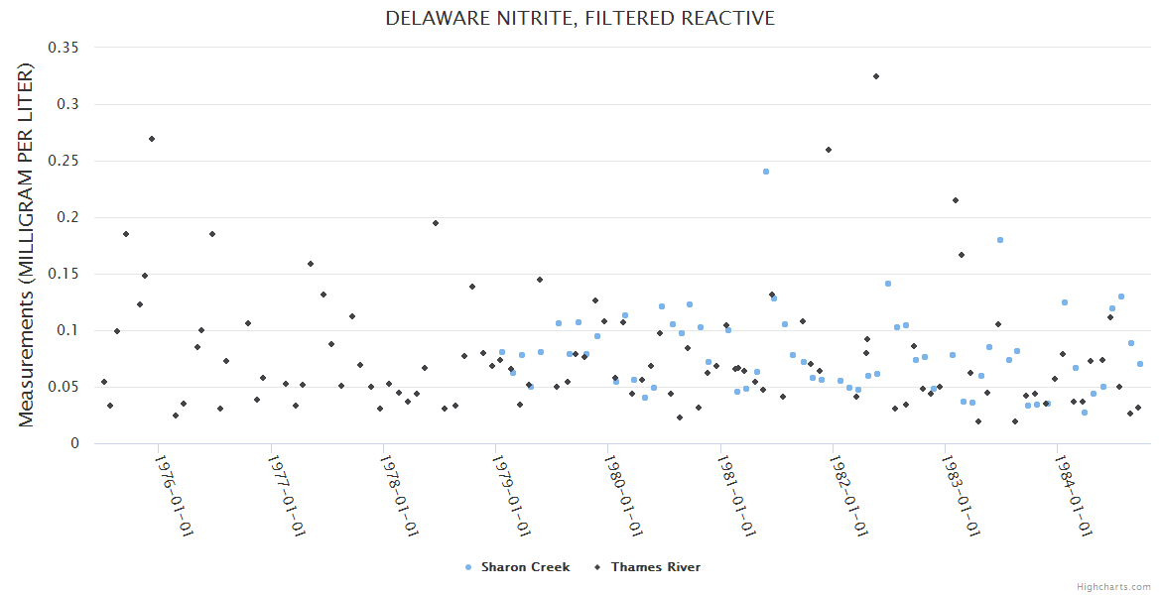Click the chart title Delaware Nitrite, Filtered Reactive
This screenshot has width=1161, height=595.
[580, 19]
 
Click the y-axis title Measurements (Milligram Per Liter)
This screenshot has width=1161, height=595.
[26, 245]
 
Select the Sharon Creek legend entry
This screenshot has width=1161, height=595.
[525, 567]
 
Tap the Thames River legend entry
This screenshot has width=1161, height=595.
[655, 567]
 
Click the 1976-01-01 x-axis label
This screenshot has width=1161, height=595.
[174, 496]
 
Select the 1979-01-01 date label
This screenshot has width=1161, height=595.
[511, 496]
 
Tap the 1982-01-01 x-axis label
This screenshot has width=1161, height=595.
[848, 496]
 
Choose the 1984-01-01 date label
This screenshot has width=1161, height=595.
[1073, 496]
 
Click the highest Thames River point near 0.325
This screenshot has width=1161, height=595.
[876, 76]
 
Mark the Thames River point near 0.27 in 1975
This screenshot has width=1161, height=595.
[152, 139]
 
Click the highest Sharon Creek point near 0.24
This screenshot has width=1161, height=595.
[766, 172]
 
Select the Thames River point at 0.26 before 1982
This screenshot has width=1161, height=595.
[829, 150]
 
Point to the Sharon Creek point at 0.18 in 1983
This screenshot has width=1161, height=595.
[1000, 240]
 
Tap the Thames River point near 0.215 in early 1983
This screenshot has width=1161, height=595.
[956, 200]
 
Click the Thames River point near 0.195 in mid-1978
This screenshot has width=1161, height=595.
[436, 223]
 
